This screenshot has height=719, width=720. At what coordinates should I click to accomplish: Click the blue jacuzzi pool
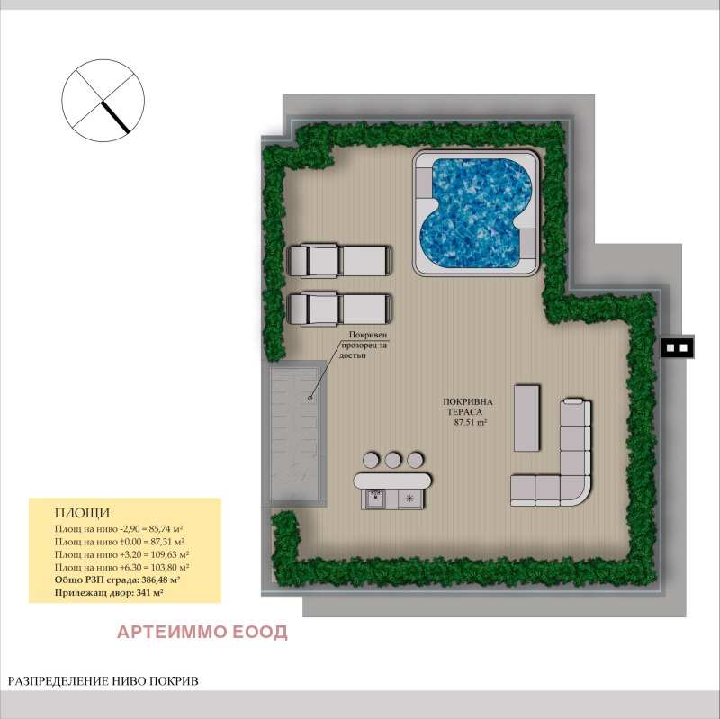tap(475, 213)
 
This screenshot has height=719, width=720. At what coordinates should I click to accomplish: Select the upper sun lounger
tap(339, 261)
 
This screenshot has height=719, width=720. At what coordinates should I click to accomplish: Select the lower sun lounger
tap(339, 310)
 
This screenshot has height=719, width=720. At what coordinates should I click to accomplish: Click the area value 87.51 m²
tap(470, 420)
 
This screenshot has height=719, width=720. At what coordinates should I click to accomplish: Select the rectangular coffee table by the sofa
tap(526, 418)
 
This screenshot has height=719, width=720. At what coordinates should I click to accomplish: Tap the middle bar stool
tap(393, 459)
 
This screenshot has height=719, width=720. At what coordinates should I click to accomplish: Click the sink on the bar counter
tap(376, 497)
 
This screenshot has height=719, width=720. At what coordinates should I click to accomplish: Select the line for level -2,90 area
tap(119, 529)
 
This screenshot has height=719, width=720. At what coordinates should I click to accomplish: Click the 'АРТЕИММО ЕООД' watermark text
tap(202, 632)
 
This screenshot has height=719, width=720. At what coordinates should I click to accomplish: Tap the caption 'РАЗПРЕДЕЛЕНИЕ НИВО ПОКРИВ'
tap(103, 681)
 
